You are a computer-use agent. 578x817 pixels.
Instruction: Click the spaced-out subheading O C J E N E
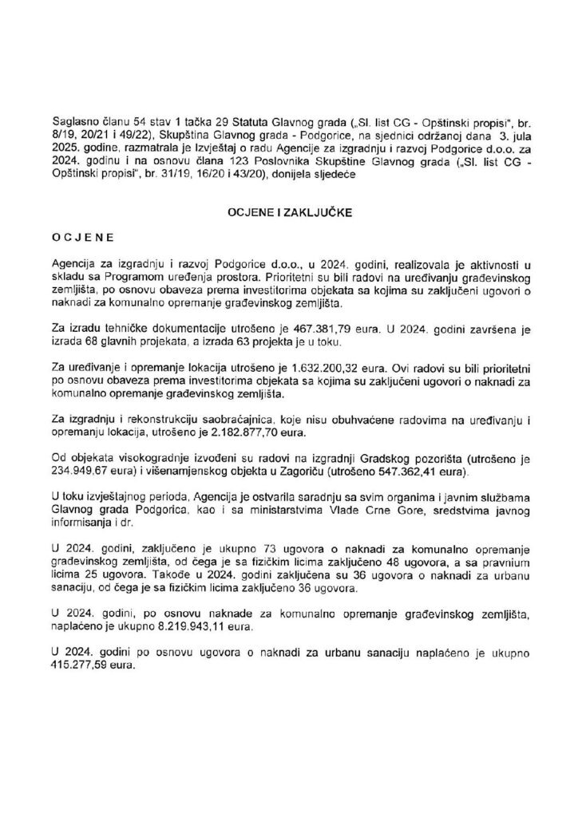click(83, 238)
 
